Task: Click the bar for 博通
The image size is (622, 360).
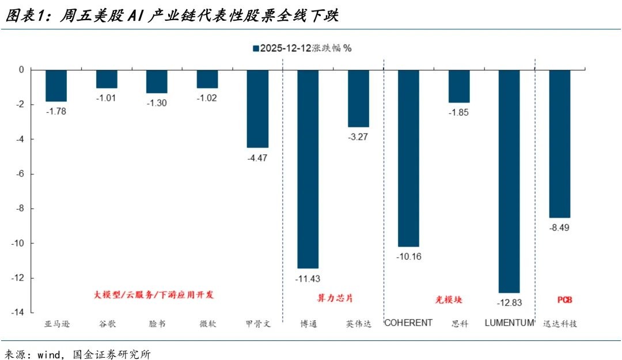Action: [308, 169]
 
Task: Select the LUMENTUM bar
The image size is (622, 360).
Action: [509, 181]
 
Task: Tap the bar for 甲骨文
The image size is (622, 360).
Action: [257, 108]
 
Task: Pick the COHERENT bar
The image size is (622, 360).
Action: [408, 158]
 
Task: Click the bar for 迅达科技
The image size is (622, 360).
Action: [560, 143]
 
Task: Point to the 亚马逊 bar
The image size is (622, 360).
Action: [56, 85]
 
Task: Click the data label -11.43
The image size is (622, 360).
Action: [308, 278]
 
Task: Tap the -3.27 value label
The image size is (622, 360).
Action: [358, 137]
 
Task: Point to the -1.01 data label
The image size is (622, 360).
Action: [107, 98]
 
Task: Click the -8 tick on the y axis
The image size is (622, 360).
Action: [19, 209]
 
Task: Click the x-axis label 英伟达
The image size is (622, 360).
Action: [358, 324]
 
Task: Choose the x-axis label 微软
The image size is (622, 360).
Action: [207, 324]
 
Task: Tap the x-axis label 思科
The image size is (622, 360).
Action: [459, 324]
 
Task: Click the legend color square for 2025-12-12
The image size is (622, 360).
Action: [255, 48]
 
